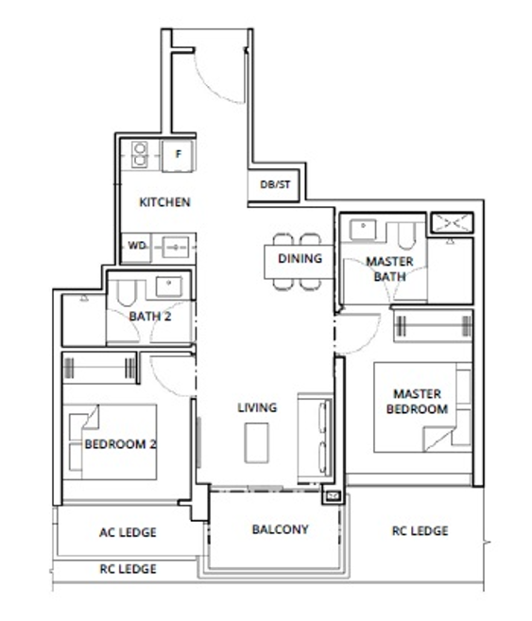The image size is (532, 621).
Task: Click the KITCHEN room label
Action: point(164,202)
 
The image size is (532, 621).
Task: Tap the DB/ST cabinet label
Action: point(275,184)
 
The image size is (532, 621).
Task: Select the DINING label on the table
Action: point(300,258)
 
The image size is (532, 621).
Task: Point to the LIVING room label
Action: point(257,407)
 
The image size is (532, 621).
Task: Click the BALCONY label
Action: point(281,529)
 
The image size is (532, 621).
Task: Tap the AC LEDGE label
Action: point(128,532)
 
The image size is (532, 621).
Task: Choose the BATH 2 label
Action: point(150,317)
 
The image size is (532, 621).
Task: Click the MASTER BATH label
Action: point(390,269)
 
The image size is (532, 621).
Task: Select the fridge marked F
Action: point(179,155)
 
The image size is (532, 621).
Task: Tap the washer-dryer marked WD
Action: point(136,247)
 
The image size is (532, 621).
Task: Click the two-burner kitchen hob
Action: point(139,154)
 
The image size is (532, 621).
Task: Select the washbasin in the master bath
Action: point(363,230)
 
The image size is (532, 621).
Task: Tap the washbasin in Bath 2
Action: point(169,286)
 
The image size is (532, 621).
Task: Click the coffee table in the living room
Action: point(256,442)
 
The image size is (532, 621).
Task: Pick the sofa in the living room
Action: point(315,438)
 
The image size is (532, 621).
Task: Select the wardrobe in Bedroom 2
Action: point(99,368)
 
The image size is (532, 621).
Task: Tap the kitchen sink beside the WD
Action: point(175,248)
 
